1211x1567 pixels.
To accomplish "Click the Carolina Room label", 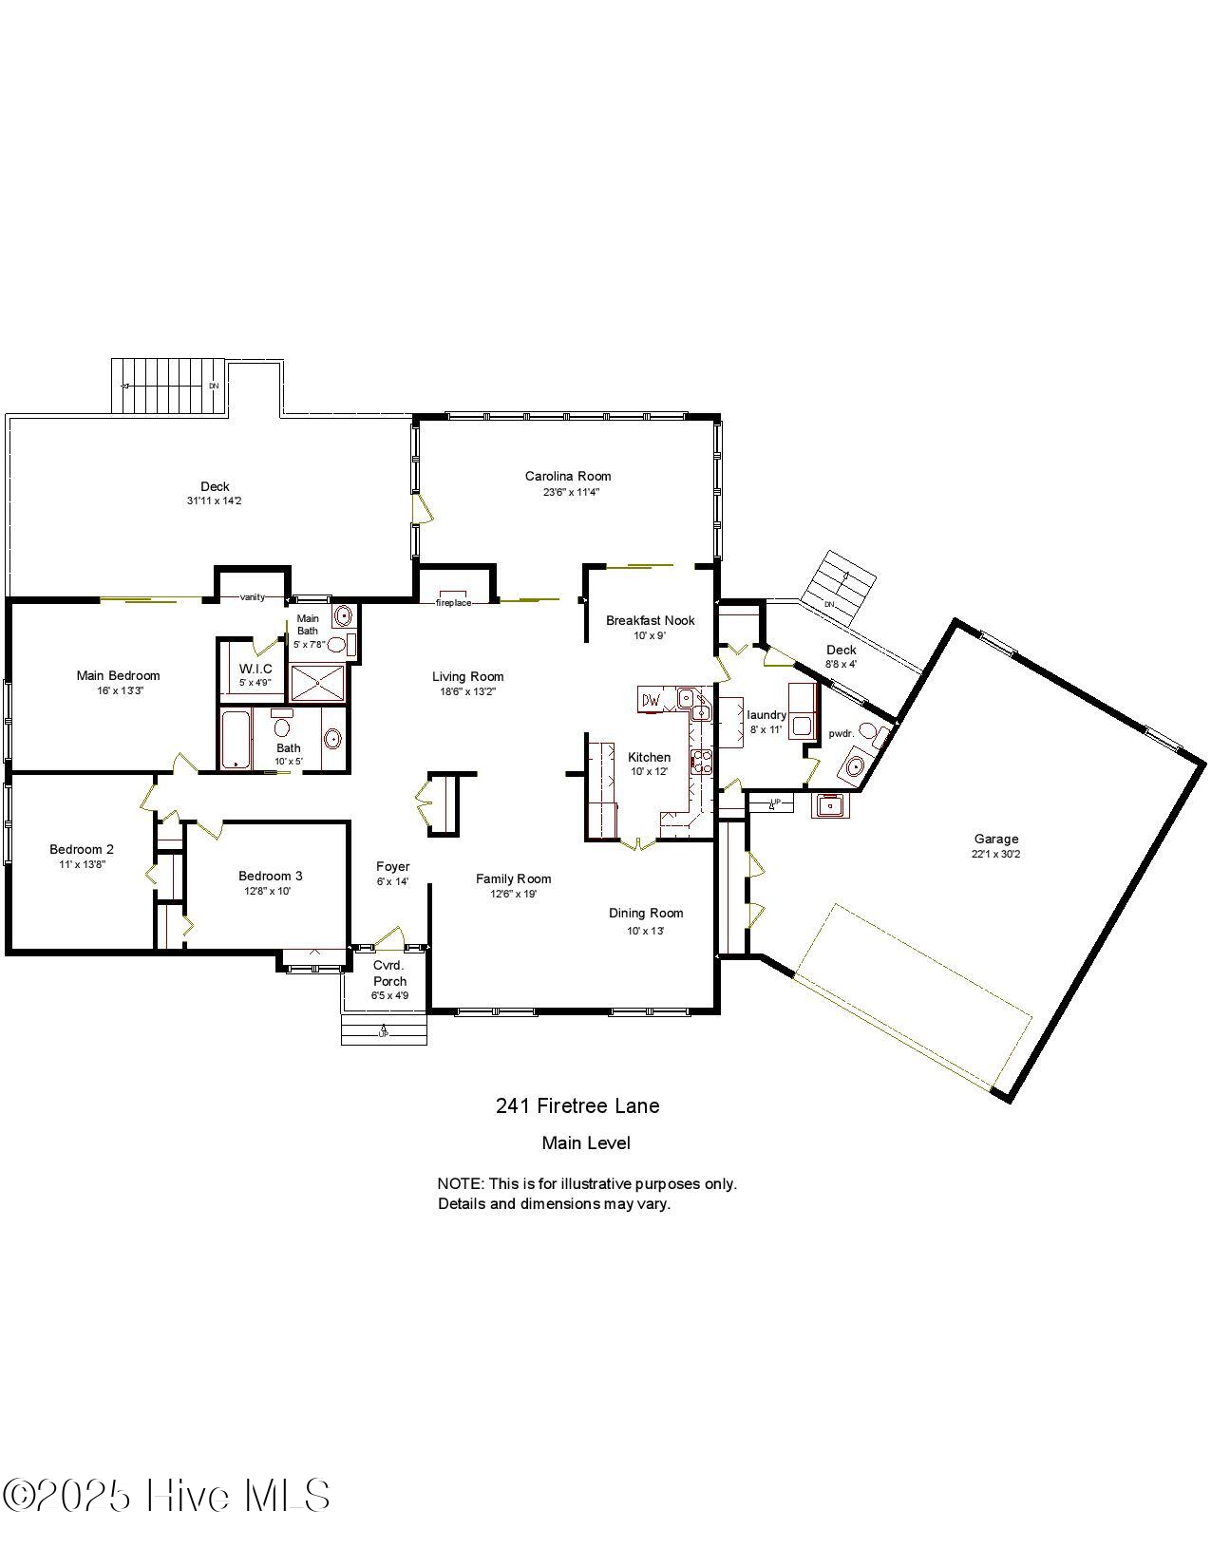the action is click(568, 477).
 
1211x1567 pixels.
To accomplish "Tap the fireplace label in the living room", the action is click(453, 603).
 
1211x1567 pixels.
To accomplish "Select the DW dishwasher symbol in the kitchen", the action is click(651, 701).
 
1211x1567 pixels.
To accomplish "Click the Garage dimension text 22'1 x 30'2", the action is click(996, 854).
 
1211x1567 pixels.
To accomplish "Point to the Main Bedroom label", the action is click(118, 676).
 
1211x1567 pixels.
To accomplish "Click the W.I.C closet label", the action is click(255, 669).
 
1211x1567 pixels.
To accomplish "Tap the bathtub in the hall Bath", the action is click(235, 741).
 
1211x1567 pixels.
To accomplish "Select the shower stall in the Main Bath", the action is click(318, 683).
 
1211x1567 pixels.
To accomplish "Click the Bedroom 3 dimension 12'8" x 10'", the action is click(271, 891).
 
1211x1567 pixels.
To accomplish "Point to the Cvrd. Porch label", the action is click(389, 973).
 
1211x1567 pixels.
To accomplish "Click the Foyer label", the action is click(392, 866).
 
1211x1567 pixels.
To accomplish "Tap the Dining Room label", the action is click(646, 914).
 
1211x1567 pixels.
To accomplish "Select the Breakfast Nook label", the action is click(651, 621).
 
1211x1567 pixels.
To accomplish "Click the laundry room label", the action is click(766, 715).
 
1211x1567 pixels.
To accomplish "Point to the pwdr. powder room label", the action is click(842, 733).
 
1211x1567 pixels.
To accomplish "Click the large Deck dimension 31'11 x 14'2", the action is click(215, 500).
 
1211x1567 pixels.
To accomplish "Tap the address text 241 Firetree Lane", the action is click(577, 1105).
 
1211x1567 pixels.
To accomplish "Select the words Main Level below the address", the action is click(585, 1143).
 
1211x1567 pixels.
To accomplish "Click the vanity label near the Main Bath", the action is click(253, 597).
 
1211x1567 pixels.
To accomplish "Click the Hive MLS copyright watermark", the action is click(166, 1496).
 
